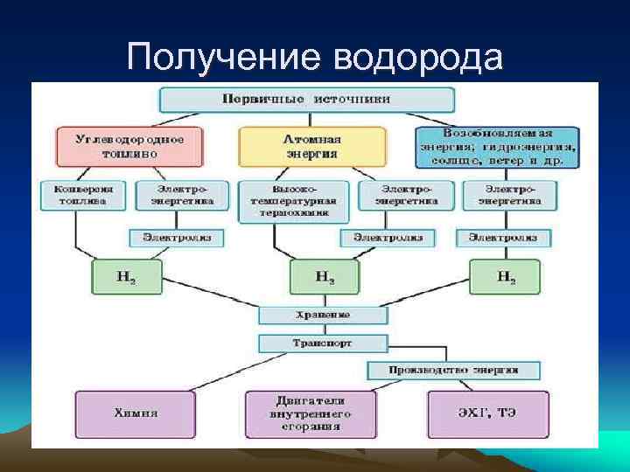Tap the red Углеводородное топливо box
[129, 146]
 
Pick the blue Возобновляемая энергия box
[496, 146]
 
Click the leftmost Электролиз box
[177, 237]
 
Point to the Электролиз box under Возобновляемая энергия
[503, 237]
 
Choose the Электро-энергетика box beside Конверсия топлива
[182, 194]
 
